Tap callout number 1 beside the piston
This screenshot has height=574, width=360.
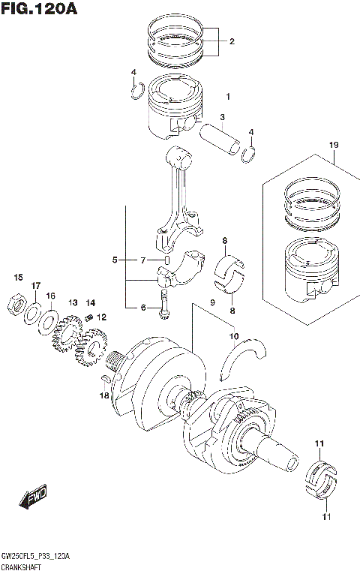[x=227, y=96]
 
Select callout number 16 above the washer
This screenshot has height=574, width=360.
[x=51, y=296]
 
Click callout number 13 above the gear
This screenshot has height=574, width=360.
[x=73, y=302]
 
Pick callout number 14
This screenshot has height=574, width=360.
[x=91, y=302]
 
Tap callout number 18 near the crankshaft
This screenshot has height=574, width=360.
[x=105, y=395]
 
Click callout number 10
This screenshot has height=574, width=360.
[x=234, y=335]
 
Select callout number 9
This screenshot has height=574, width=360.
[x=212, y=302]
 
